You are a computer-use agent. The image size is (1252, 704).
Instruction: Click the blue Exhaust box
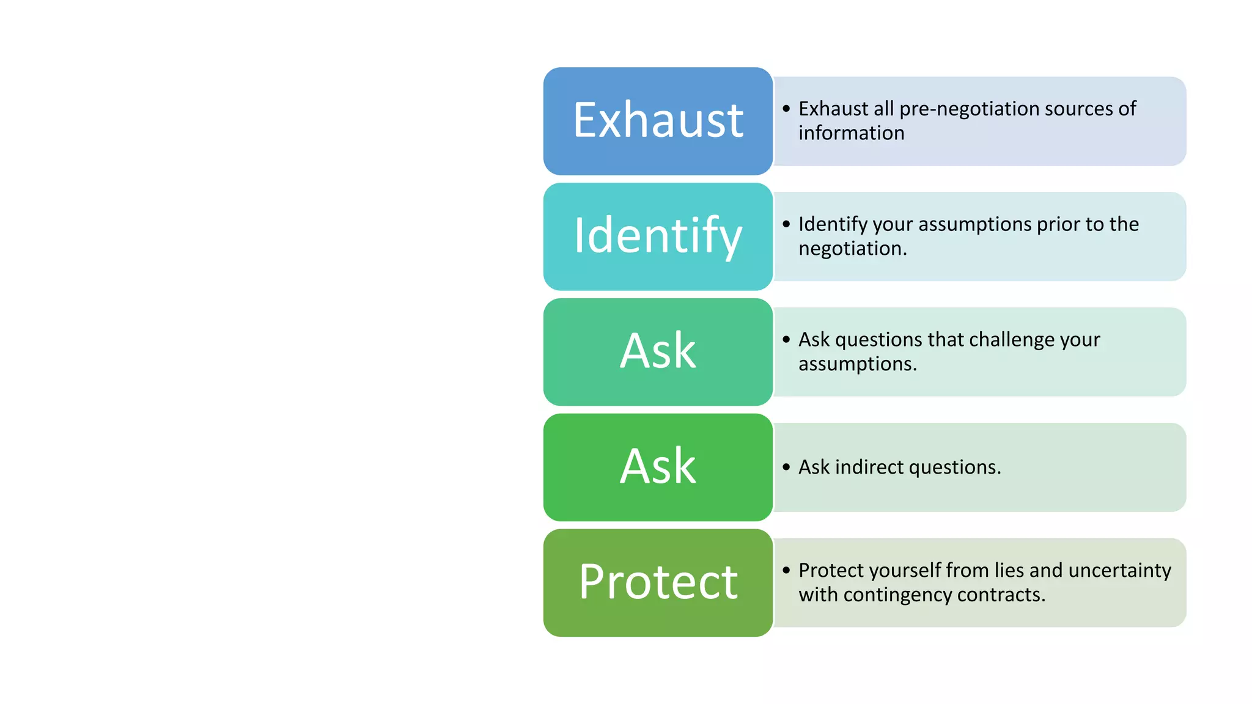pos(658,121)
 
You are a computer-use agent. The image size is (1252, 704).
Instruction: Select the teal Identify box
pos(658,237)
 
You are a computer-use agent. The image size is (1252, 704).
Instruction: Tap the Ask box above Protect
pos(658,468)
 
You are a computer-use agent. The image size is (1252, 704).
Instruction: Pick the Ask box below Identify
pos(658,352)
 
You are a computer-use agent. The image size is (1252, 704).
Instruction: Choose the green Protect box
pos(658,582)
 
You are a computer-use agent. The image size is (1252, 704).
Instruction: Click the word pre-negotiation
pos(969,109)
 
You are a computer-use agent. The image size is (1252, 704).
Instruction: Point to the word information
pos(851,133)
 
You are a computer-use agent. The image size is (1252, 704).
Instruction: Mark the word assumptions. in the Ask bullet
pos(857,364)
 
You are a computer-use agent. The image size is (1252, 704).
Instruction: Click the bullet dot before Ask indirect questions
pos(786,468)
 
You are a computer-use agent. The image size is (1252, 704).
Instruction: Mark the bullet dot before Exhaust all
pos(786,109)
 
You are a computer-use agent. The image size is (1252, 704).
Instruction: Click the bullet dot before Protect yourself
pos(786,570)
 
